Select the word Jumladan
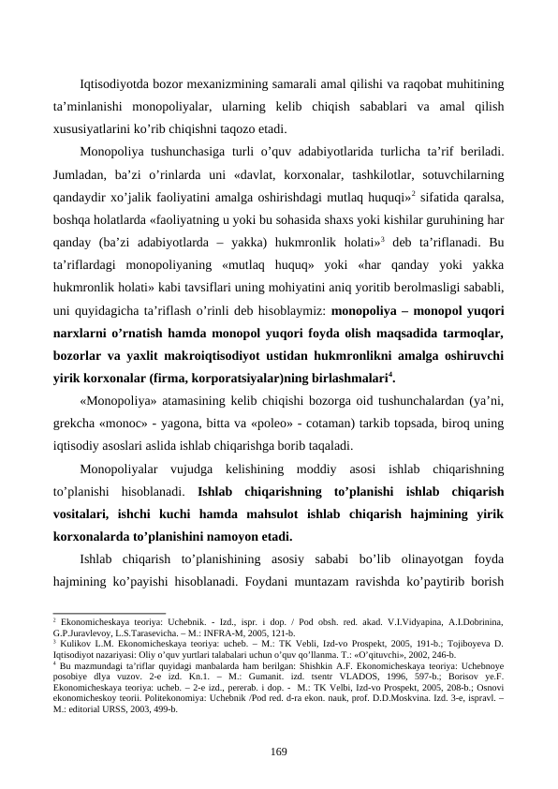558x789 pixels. click(79, 174)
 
